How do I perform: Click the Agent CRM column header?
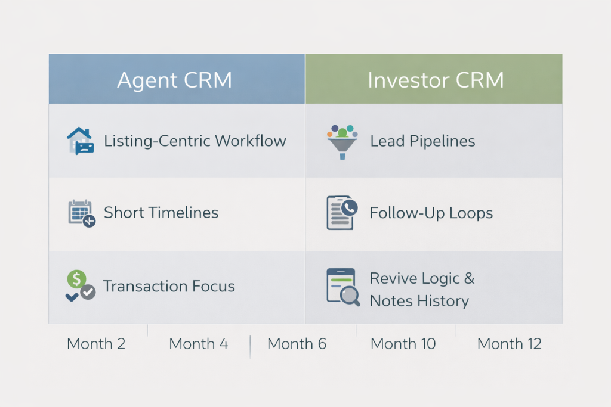coord(175,80)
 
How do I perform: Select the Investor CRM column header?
coord(435,80)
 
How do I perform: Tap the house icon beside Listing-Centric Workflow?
coord(79,141)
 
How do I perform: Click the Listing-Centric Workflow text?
coord(195,141)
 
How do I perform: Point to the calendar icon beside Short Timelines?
coord(81,213)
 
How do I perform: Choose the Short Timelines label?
coord(161,213)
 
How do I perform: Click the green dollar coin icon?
coord(76,278)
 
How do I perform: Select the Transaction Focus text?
coord(169,286)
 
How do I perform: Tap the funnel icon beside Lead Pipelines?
coord(342,141)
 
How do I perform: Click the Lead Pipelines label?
coord(422,141)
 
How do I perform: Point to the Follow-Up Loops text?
coord(431,213)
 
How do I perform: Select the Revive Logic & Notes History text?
coord(421,289)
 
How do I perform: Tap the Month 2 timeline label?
coord(96,344)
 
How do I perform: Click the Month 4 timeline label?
coord(198,344)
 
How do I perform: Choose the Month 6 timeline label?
coord(297,344)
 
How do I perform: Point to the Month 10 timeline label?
coord(403,344)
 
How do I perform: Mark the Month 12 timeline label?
coord(509,344)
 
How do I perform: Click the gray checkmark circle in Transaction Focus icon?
coord(88,292)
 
